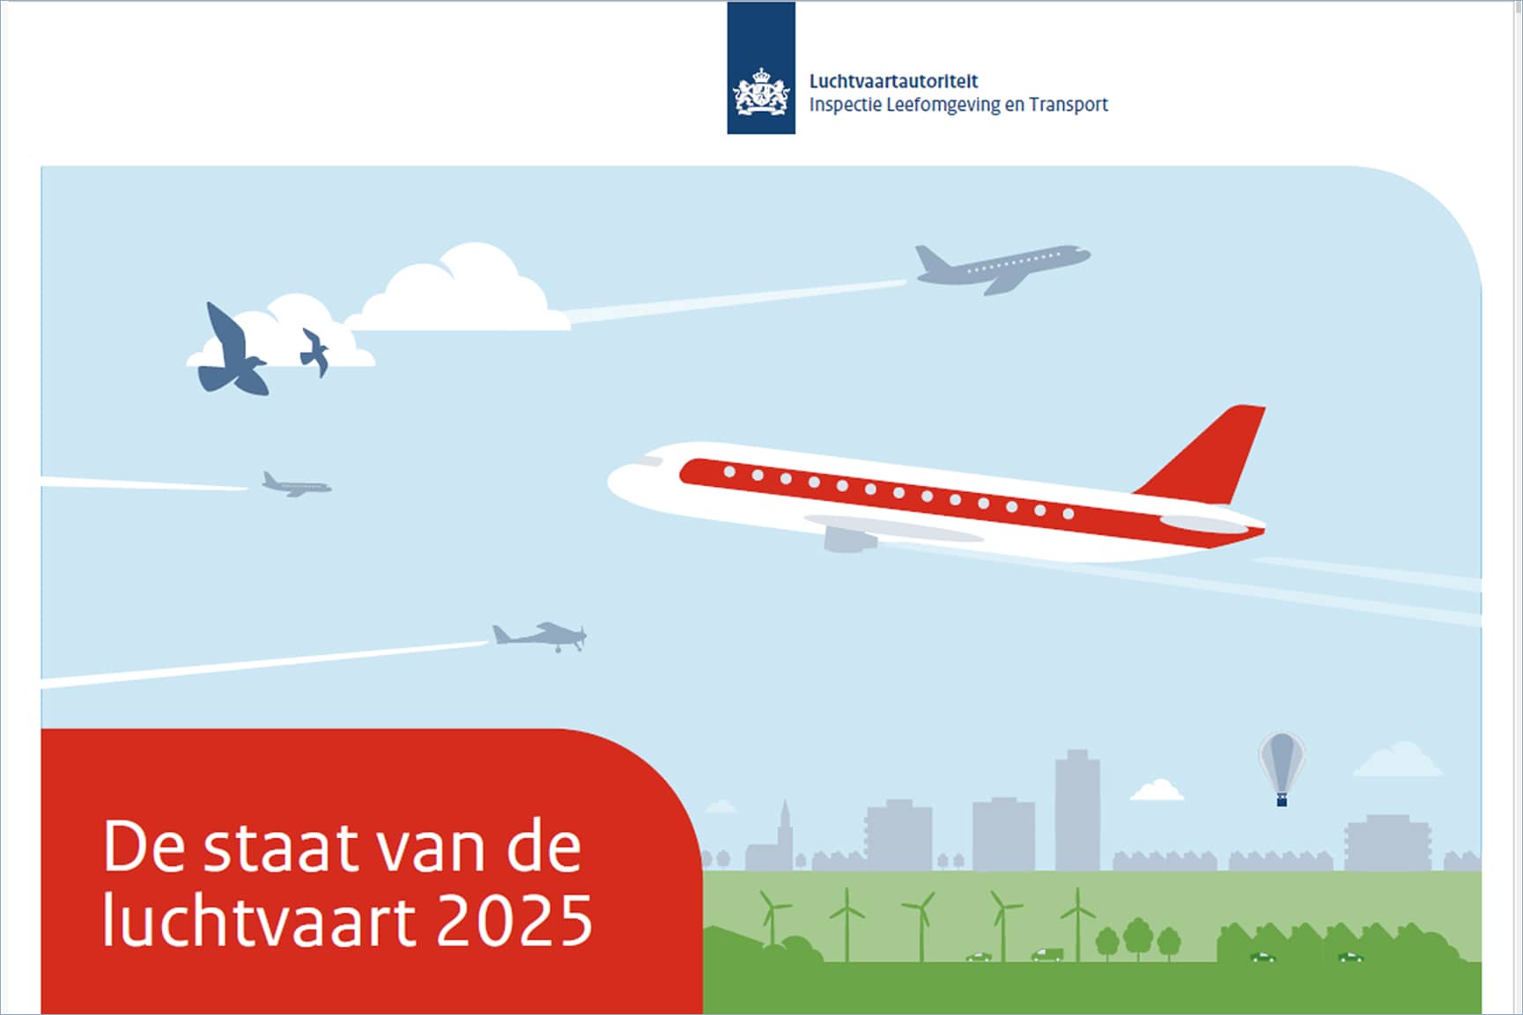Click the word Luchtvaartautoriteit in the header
(x=893, y=81)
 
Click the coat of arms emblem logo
(x=761, y=92)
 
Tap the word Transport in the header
(x=1068, y=105)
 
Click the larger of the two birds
(x=233, y=350)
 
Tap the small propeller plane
(x=540, y=636)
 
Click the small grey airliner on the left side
(x=296, y=484)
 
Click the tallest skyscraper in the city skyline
(x=1077, y=809)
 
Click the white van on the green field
(x=1047, y=954)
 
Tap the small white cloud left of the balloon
(x=1157, y=790)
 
